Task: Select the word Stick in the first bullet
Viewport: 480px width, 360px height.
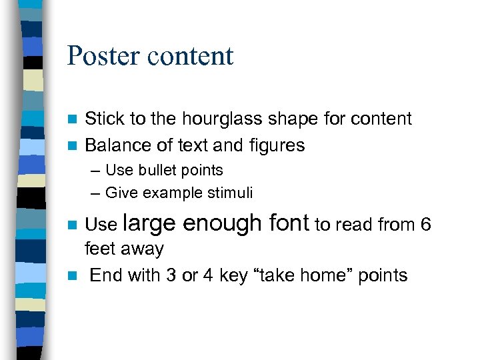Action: tap(105, 119)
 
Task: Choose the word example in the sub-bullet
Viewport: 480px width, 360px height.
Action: tap(169, 194)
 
